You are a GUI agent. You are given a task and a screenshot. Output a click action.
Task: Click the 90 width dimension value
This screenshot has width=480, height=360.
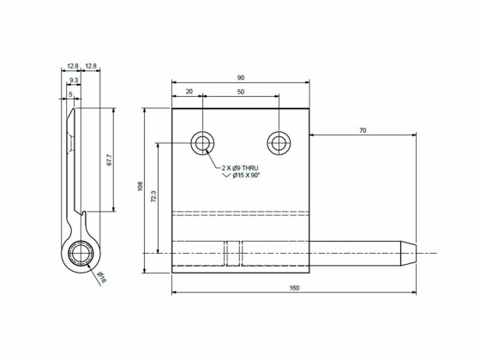[240, 78]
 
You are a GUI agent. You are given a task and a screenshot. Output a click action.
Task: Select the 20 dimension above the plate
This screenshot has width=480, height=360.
[189, 91]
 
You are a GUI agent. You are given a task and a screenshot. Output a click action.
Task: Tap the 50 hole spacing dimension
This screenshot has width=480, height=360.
[240, 91]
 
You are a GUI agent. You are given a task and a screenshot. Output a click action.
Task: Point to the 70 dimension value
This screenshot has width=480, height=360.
[363, 129]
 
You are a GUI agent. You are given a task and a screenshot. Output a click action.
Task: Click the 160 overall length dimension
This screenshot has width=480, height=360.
[294, 288]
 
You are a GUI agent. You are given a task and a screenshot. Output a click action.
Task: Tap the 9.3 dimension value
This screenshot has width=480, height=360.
[74, 80]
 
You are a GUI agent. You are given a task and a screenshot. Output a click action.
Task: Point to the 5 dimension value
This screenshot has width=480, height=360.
[71, 93]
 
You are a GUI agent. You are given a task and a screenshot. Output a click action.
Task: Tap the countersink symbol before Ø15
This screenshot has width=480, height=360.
[227, 175]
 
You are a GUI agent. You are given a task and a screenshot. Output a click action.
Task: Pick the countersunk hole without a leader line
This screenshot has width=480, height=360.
[278, 142]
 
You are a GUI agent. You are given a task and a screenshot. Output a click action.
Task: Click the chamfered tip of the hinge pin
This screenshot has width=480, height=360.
[411, 252]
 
